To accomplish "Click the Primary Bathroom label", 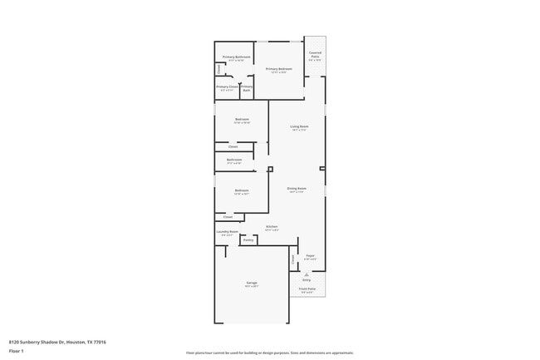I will (237, 57).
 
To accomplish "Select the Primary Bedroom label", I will (278, 70).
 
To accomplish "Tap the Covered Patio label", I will (315, 56).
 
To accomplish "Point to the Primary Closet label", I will (228, 87).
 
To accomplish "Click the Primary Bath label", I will (247, 88).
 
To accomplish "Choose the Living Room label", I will (299, 127).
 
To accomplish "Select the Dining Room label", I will (297, 189).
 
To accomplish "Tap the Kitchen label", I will (271, 227).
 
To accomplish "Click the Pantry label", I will (248, 240).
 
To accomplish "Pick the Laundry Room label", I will (228, 232).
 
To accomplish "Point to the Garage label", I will (251, 284).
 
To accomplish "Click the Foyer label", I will (310, 256).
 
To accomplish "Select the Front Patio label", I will (307, 290).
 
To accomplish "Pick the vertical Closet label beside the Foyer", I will (293, 259).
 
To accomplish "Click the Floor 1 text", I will (17, 351).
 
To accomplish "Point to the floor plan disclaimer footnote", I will (269, 353).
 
